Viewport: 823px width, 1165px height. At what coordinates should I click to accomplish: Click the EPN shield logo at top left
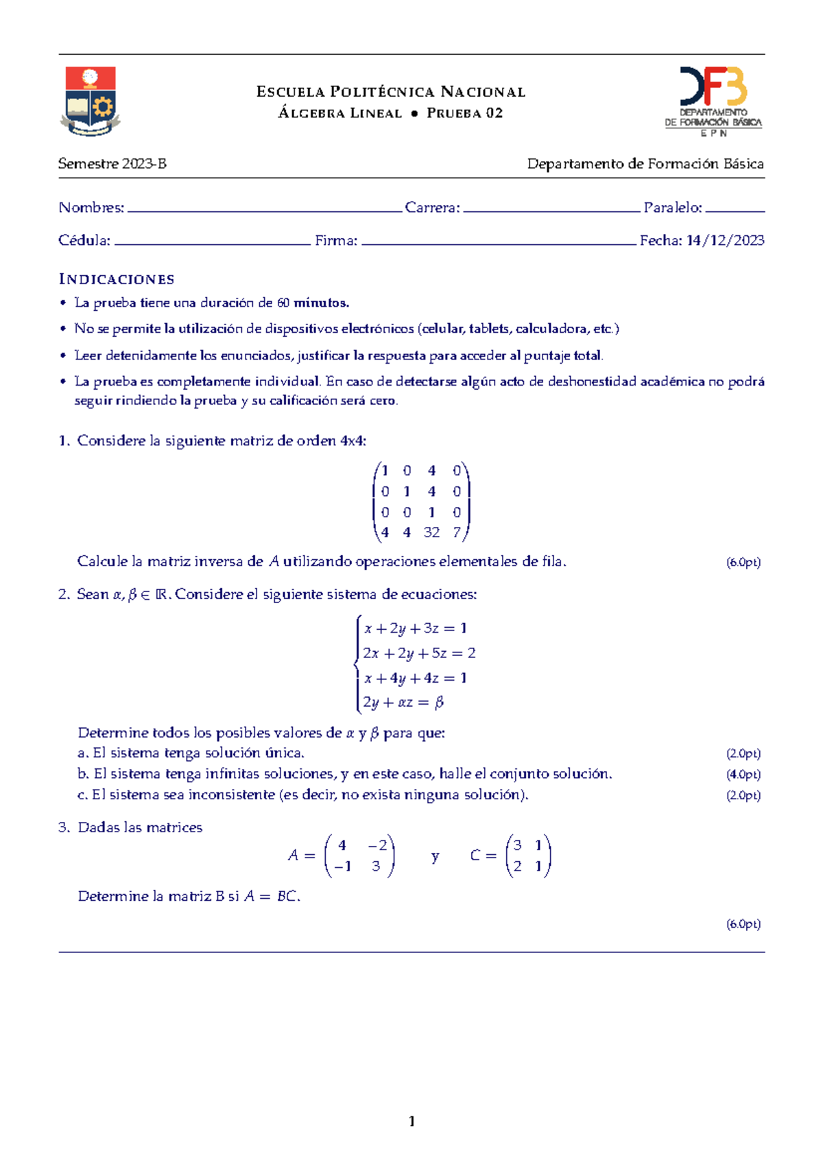[x=91, y=101]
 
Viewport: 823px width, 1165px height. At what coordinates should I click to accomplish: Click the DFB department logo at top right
[x=713, y=101]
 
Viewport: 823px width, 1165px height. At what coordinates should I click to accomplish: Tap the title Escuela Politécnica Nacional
[x=391, y=92]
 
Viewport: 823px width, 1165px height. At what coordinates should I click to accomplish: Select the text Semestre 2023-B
[x=112, y=164]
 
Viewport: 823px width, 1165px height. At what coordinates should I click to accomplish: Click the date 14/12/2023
[x=725, y=241]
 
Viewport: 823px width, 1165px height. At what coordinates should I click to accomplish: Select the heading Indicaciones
[x=117, y=279]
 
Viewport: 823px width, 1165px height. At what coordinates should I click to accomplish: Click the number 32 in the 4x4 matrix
[x=431, y=532]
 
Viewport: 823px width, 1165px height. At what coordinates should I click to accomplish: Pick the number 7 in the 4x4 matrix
[x=457, y=532]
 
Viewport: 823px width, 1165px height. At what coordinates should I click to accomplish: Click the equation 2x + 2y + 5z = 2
[x=419, y=653]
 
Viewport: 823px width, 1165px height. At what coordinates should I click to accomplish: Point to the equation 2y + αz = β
[x=403, y=703]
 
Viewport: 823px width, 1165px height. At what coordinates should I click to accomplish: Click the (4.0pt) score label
[x=743, y=775]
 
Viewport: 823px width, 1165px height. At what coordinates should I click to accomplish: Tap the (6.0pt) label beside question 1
[x=743, y=563]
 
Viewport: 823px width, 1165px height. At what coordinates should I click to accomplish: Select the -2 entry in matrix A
[x=377, y=846]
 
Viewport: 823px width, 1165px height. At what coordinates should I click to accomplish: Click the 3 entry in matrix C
[x=518, y=846]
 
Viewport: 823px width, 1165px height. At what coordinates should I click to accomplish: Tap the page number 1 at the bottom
[x=411, y=1122]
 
